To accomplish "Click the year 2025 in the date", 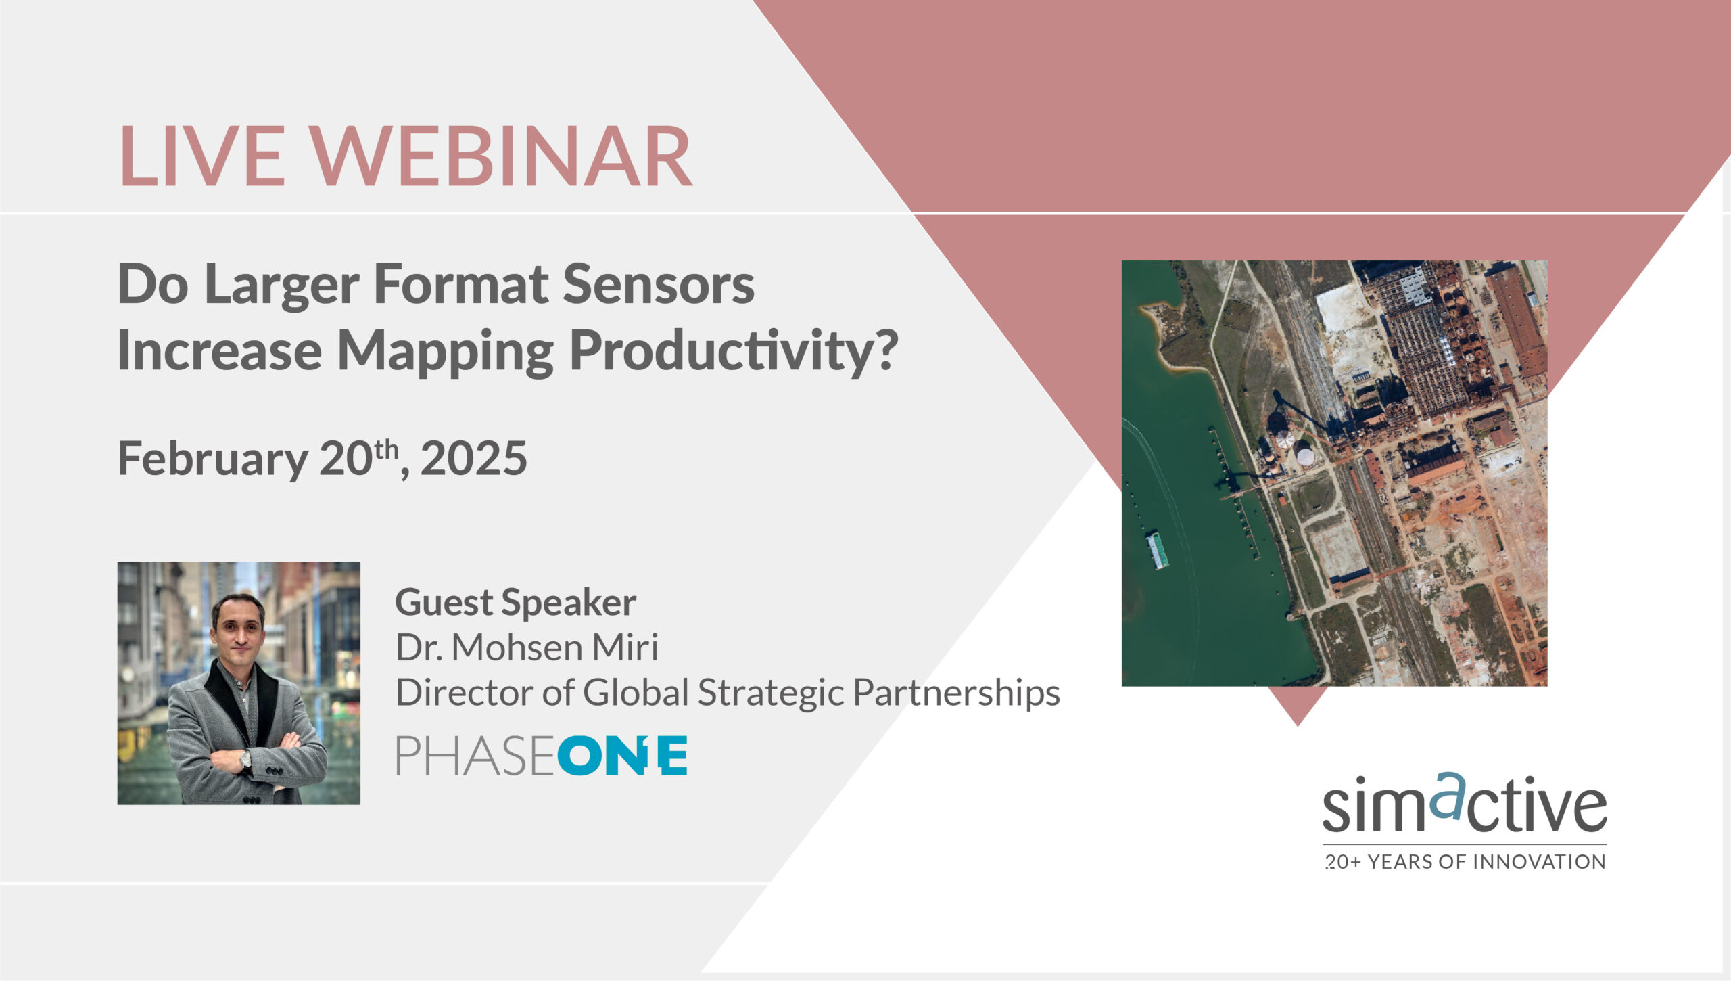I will pyautogui.click(x=473, y=459).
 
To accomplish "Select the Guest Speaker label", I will pyautogui.click(x=515, y=602).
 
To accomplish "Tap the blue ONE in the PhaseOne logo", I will pyautogui.click(x=622, y=756).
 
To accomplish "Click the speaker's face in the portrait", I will pyautogui.click(x=237, y=628).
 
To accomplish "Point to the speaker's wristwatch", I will pyautogui.click(x=245, y=760).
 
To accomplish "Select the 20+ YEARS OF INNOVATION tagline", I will pyautogui.click(x=1465, y=862).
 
